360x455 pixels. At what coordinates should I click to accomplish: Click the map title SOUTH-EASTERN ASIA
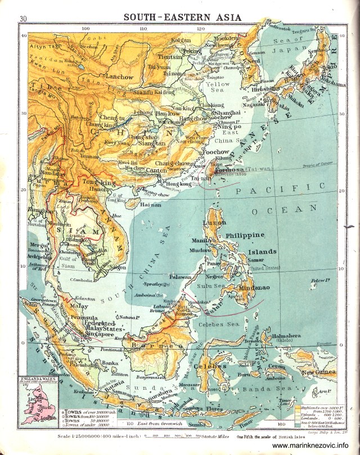pos(182,17)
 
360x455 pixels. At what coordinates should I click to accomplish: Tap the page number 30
pos(23,19)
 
